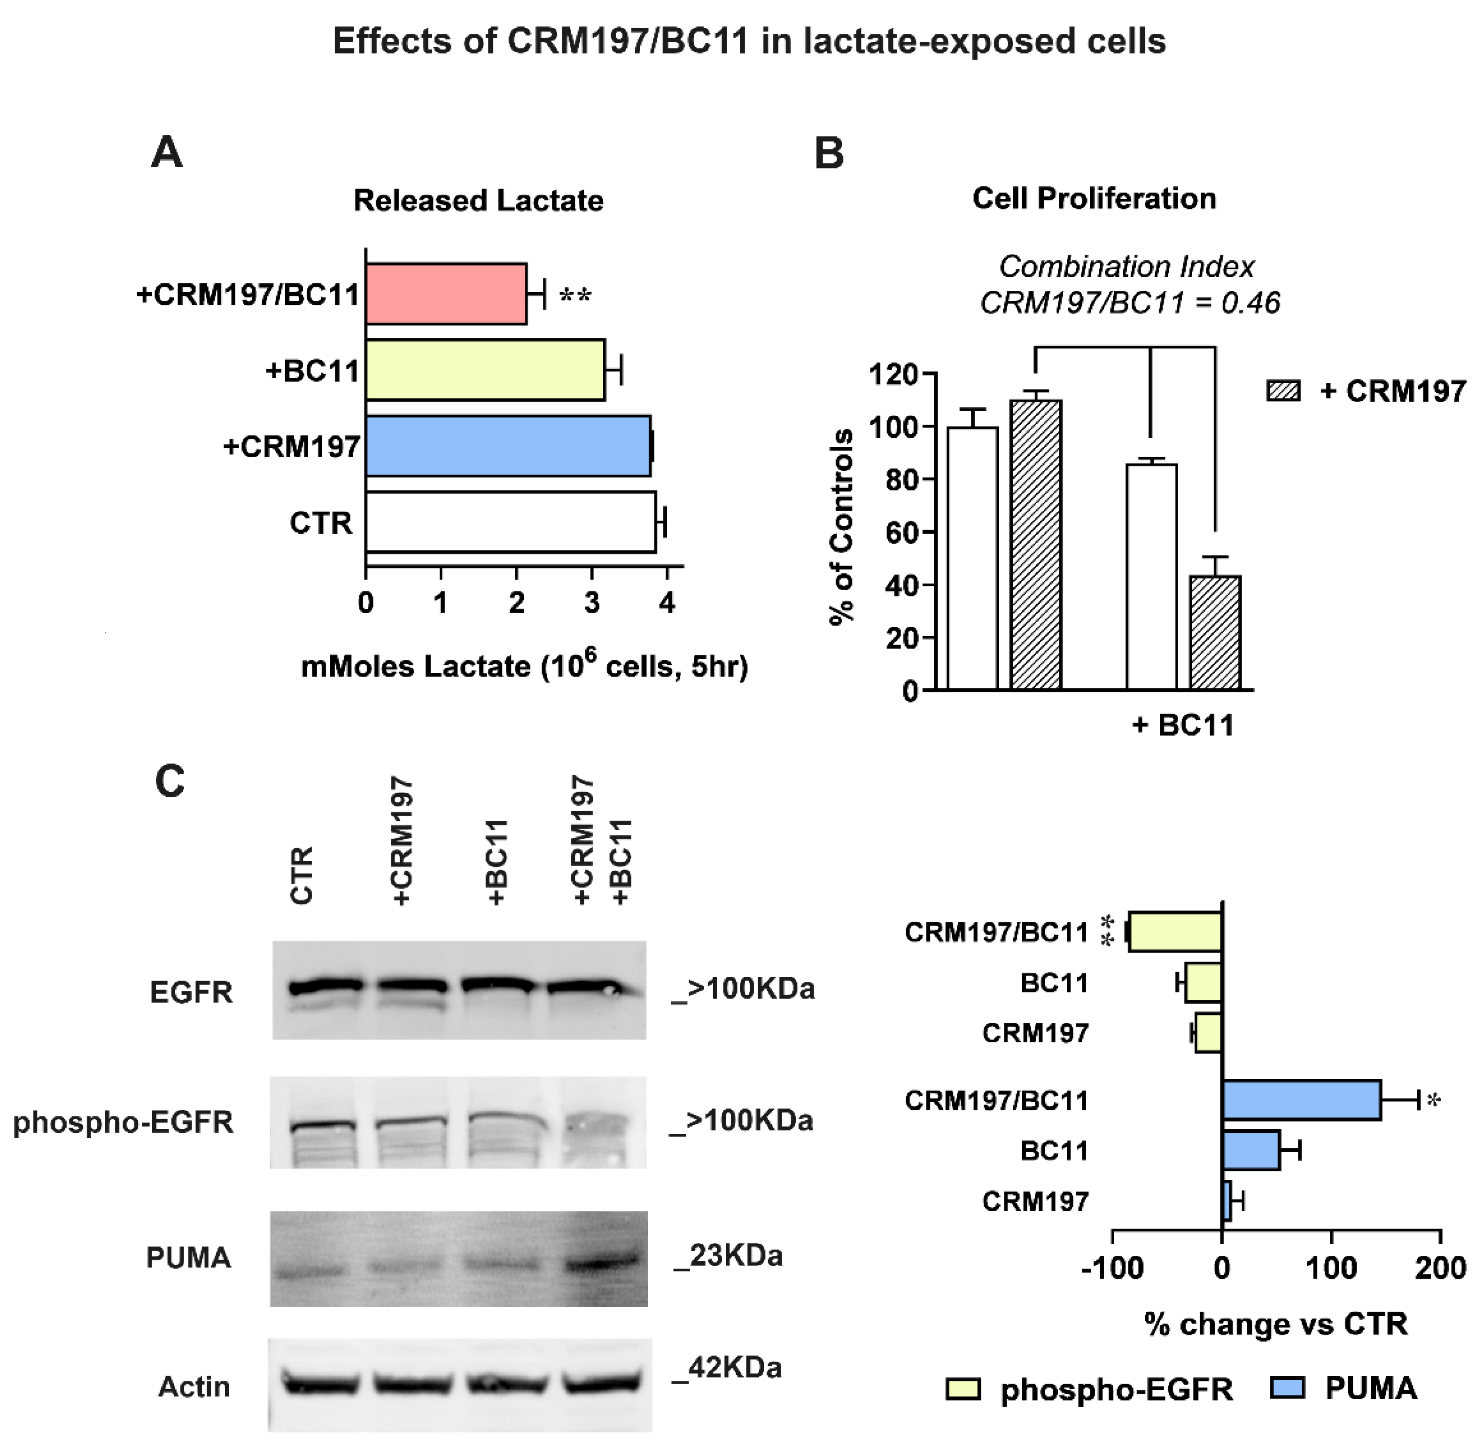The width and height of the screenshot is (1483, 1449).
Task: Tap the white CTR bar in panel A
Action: coord(510,522)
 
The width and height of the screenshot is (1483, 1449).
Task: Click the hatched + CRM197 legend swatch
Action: coord(1284,391)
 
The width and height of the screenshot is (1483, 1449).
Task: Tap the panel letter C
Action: coord(170,781)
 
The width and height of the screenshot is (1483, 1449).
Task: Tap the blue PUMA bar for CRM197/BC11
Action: coord(1301,1100)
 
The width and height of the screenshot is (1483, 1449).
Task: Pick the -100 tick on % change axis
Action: coord(1112,1268)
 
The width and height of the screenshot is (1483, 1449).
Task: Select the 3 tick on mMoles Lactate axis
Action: coord(592,603)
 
